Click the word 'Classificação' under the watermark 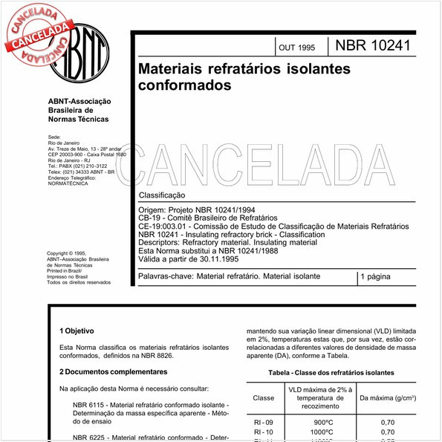coord(162,195)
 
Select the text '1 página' coord(380,277)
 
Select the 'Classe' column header coord(264,397)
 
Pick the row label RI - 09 coord(264,422)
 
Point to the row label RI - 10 coord(264,432)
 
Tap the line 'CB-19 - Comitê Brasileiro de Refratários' coord(208,218)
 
